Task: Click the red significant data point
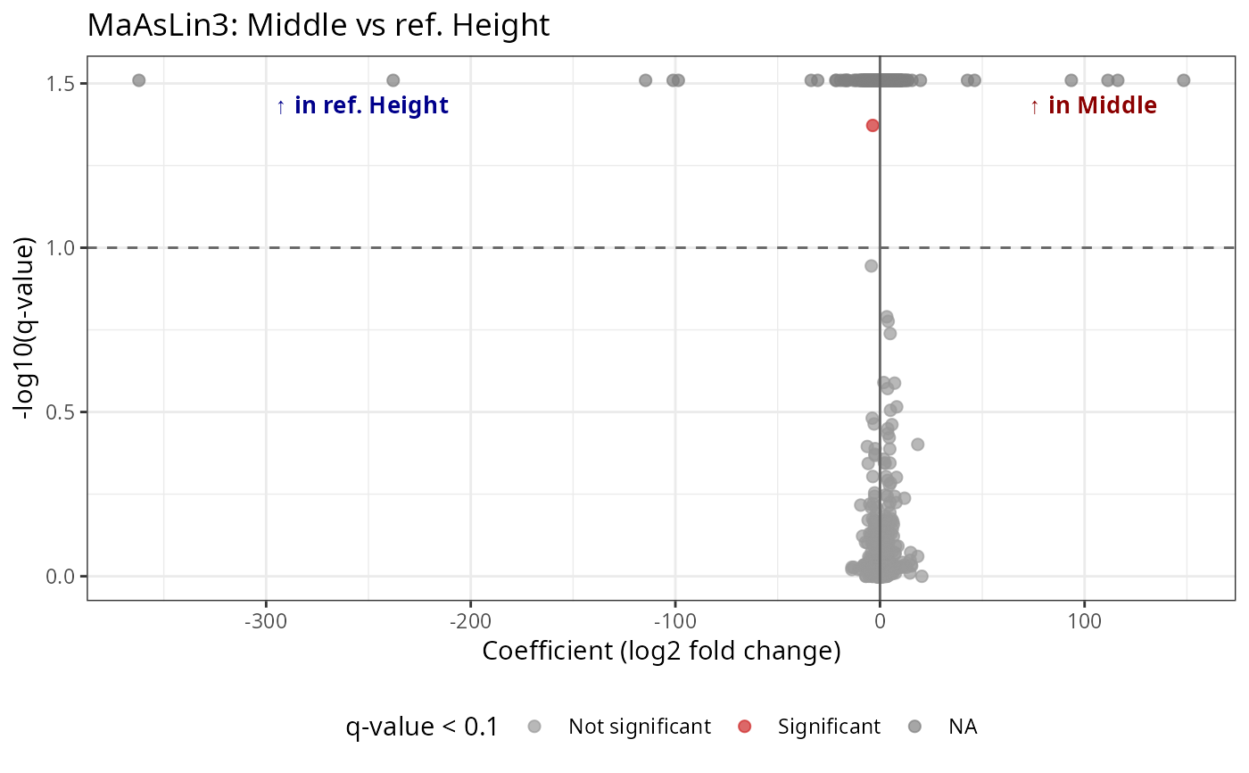[873, 125]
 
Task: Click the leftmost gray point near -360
[139, 80]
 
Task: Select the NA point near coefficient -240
[393, 80]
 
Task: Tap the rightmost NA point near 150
[1183, 80]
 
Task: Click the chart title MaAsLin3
[318, 26]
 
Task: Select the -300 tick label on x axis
[265, 619]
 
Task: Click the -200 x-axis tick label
[470, 619]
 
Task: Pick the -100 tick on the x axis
[674, 619]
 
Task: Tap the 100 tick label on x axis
[1084, 619]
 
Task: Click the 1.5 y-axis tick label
[63, 83]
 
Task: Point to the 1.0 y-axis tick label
[63, 247]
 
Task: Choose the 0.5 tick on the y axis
[63, 411]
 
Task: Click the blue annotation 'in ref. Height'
[362, 105]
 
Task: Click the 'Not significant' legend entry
[639, 727]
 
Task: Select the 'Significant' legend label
[828, 727]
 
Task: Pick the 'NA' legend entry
[964, 727]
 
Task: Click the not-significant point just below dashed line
[872, 265]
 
